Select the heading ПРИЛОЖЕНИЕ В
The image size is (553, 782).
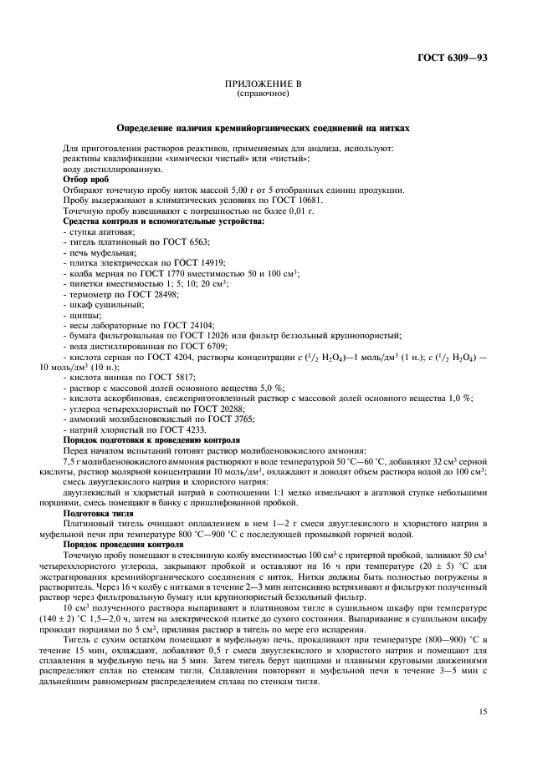(264, 85)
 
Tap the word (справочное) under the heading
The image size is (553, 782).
(264, 94)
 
